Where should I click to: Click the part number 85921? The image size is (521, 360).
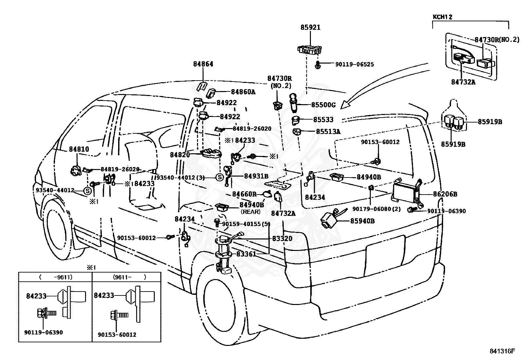(x=310, y=28)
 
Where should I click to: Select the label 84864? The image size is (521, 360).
(x=203, y=64)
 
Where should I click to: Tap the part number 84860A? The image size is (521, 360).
(x=243, y=92)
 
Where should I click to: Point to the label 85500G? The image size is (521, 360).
(x=323, y=105)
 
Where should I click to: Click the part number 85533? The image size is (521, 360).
(x=323, y=120)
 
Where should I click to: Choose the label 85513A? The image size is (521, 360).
(x=328, y=132)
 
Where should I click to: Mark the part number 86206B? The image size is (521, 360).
(x=445, y=194)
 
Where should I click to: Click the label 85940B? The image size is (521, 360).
(x=362, y=221)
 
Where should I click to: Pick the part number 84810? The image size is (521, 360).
(x=79, y=149)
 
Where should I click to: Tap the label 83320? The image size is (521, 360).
(x=282, y=239)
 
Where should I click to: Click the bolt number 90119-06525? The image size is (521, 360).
(x=354, y=65)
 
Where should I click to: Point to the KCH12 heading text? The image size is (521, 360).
(x=442, y=17)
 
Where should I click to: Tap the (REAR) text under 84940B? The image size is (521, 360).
(x=251, y=212)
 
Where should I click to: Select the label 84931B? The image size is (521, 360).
(x=256, y=176)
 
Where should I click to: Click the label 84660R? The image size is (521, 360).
(x=244, y=194)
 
